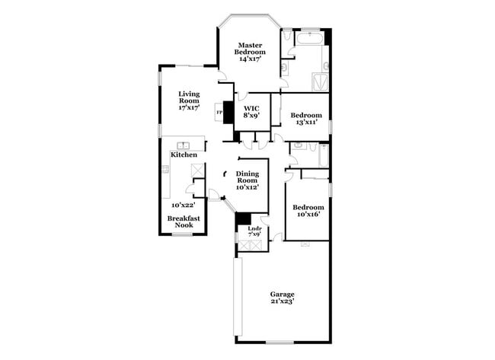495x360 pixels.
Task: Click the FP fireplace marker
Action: tap(220, 113)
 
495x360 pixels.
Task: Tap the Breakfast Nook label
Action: tap(184, 221)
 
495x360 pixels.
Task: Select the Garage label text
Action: tap(282, 295)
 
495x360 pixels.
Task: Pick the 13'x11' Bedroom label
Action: tap(306, 118)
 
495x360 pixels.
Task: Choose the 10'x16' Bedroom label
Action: tap(308, 211)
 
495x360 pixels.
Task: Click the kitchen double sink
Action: tap(184, 145)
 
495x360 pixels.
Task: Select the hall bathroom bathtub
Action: tap(324, 156)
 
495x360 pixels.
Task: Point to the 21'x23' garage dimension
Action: tap(282, 302)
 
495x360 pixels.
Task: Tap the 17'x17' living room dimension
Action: tap(189, 107)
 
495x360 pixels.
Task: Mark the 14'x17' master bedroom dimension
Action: tap(251, 59)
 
